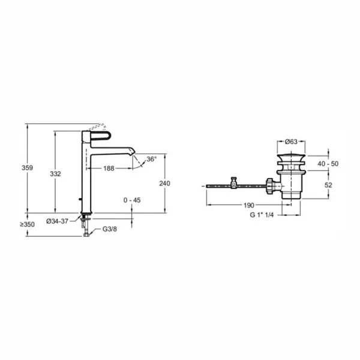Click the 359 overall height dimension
(x=28, y=168)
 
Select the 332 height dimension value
(x=56, y=174)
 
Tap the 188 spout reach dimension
(x=109, y=169)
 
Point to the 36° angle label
(x=152, y=159)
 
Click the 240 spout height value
(x=165, y=184)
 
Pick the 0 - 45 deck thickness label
(x=132, y=200)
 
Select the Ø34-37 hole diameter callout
(x=58, y=221)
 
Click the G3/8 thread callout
(x=110, y=229)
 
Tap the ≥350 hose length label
(x=27, y=224)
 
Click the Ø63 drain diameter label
(x=291, y=142)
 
